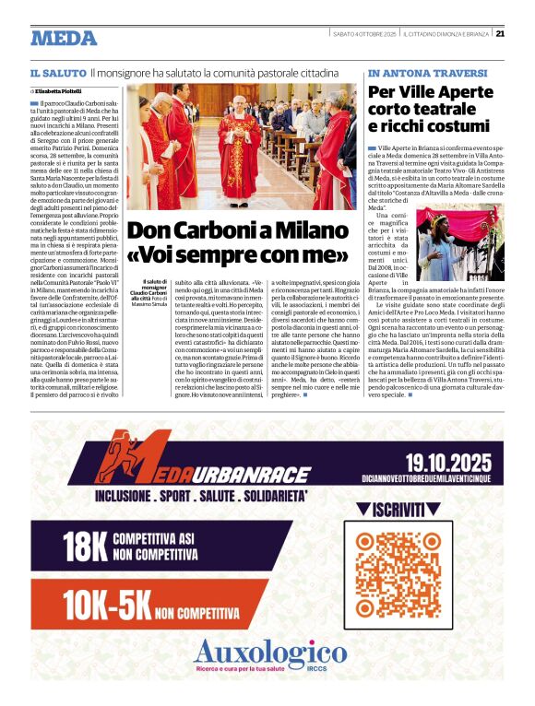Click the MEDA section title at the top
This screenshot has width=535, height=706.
(64, 39)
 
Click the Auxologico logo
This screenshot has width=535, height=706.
(267, 655)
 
